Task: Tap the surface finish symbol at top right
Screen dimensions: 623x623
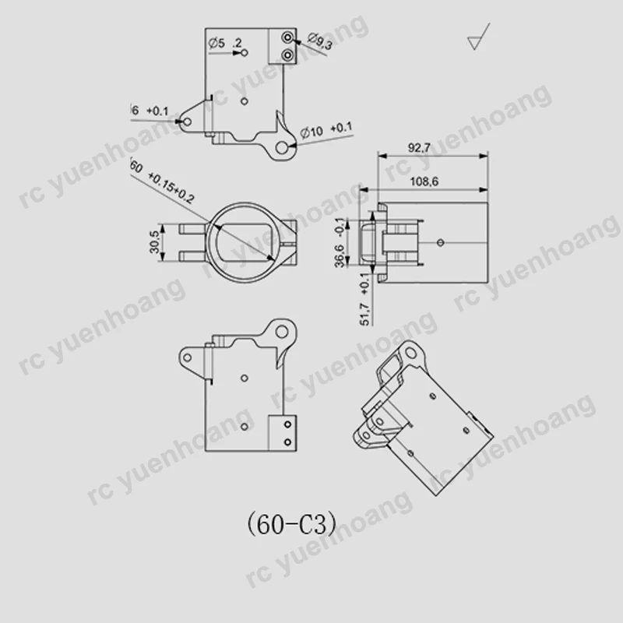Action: [x=476, y=41]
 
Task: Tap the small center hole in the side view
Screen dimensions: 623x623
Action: [x=441, y=242]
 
